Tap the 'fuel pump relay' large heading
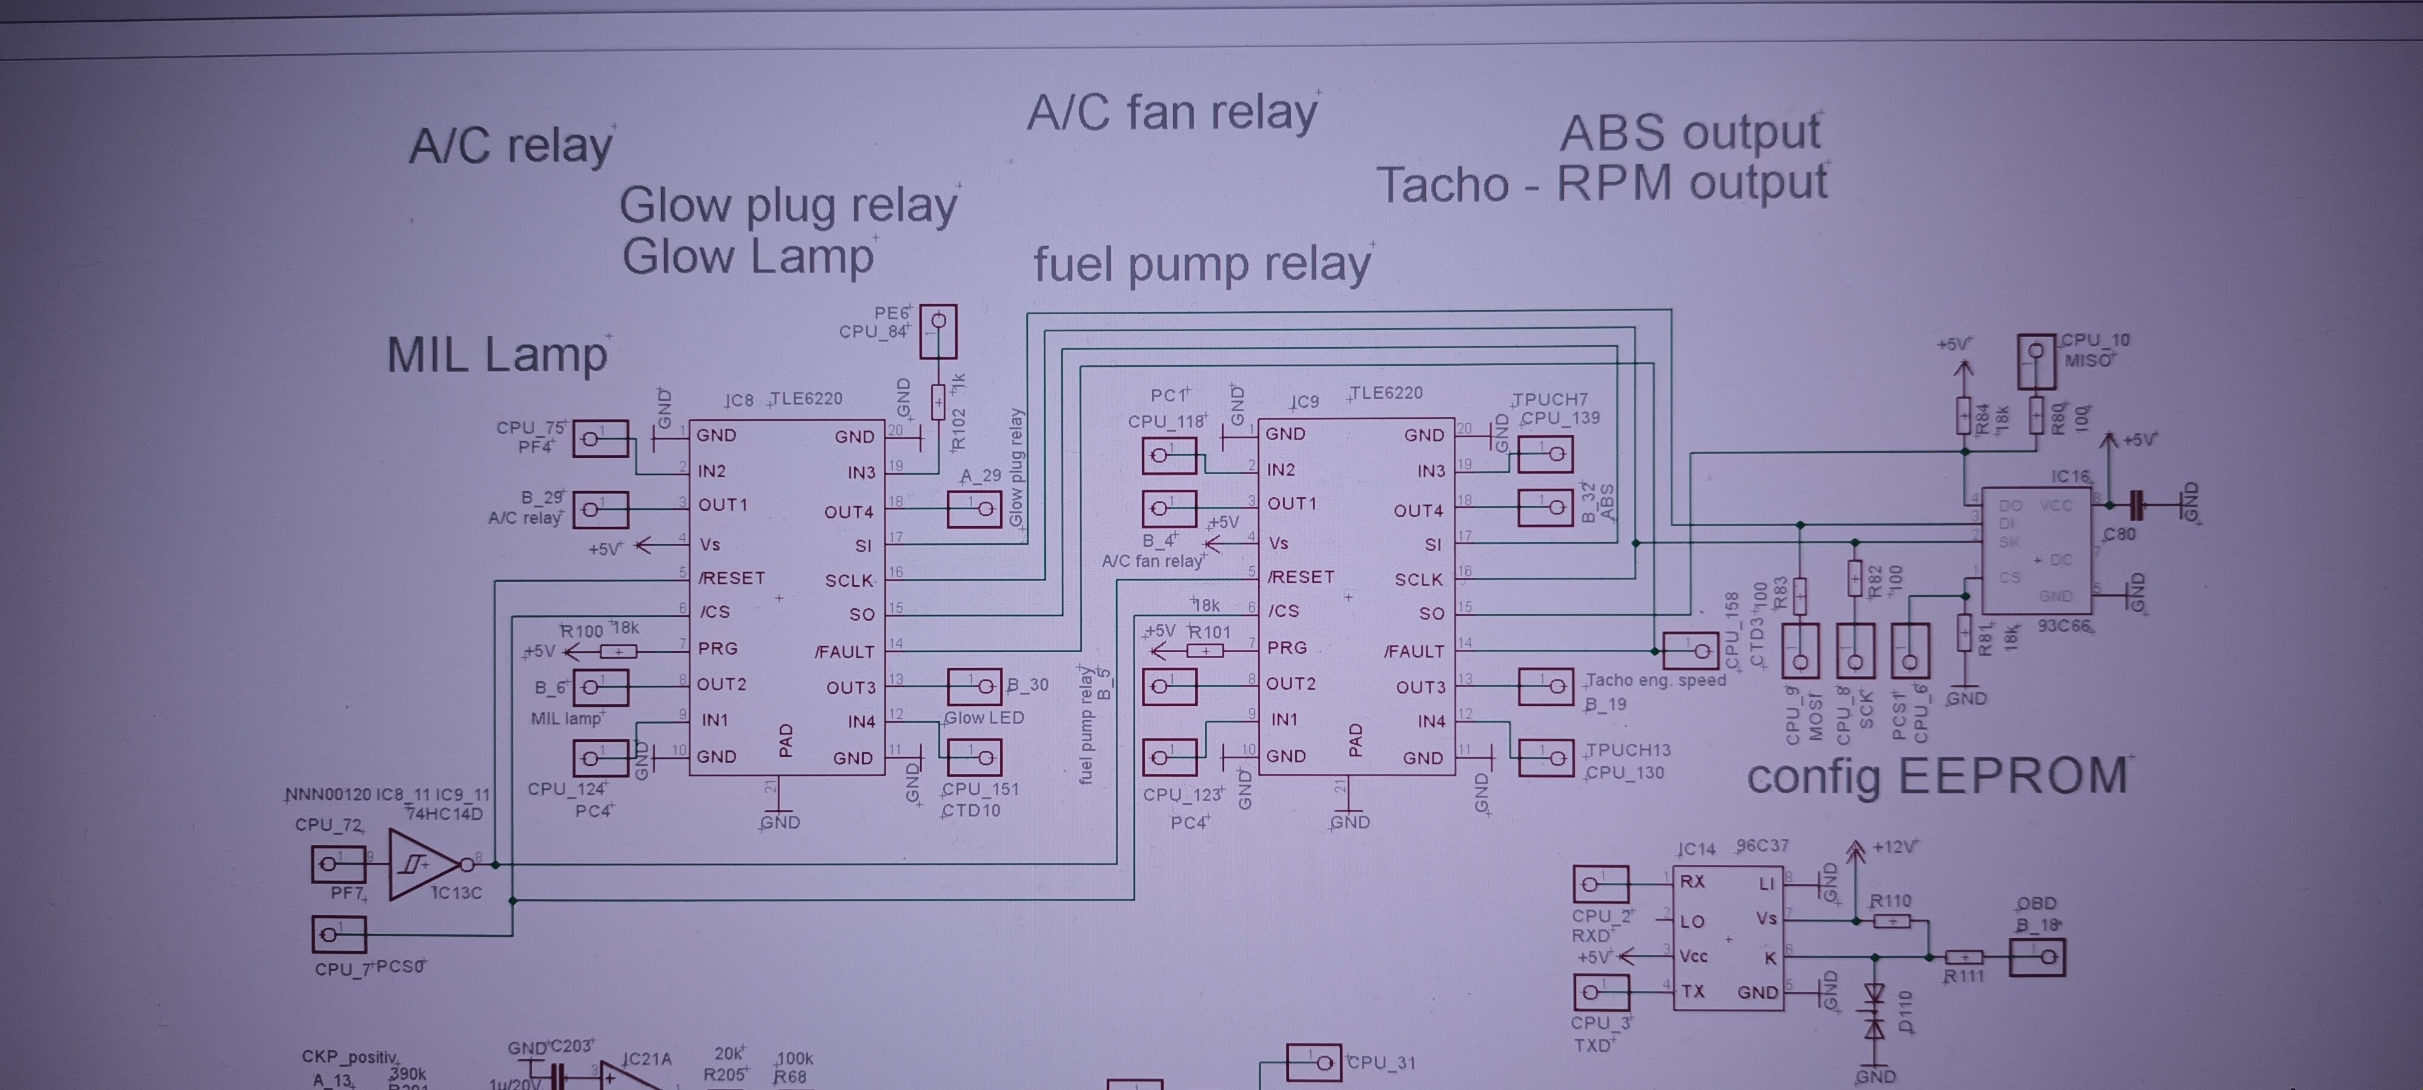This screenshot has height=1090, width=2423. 1201,264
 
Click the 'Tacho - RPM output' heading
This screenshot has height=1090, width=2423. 1601,183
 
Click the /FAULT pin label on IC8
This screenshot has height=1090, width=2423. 844,651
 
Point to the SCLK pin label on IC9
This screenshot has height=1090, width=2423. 1419,580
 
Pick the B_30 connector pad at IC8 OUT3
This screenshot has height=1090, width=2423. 973,687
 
